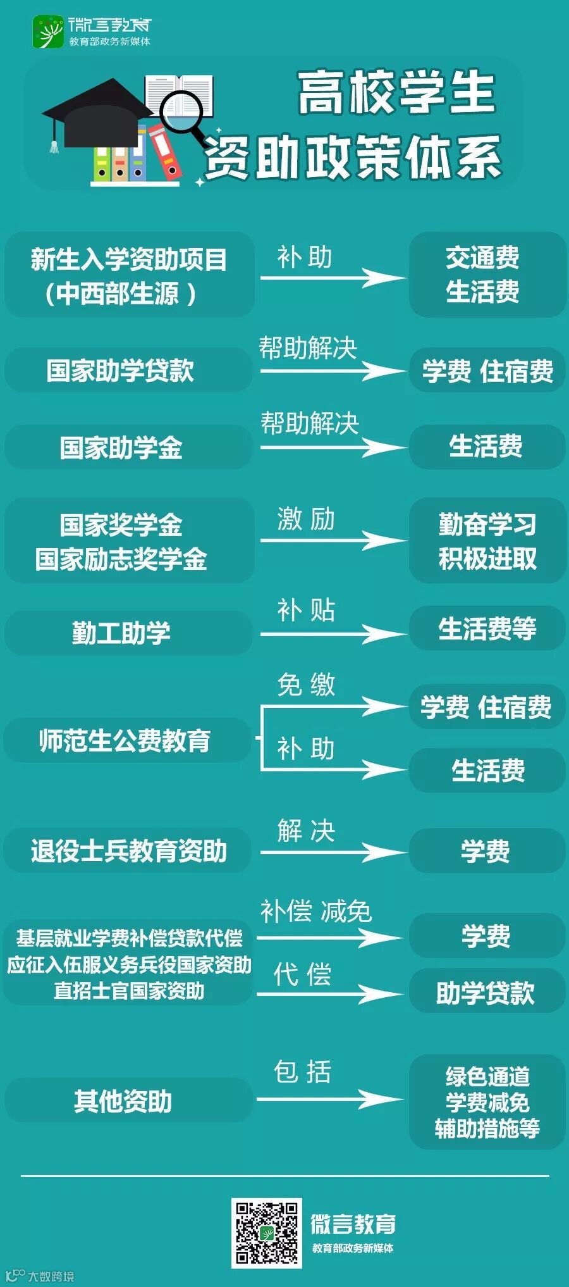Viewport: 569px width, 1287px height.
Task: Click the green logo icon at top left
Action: [48, 32]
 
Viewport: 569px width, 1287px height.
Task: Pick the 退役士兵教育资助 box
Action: [128, 851]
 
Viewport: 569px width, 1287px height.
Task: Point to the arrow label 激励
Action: [306, 520]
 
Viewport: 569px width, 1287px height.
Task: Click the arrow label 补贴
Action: [306, 611]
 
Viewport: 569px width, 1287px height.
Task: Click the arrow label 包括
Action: [302, 1072]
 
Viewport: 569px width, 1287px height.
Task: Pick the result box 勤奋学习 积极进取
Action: [487, 541]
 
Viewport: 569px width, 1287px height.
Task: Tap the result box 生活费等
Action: [487, 629]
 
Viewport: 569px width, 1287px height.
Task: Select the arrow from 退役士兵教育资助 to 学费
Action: [332, 852]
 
